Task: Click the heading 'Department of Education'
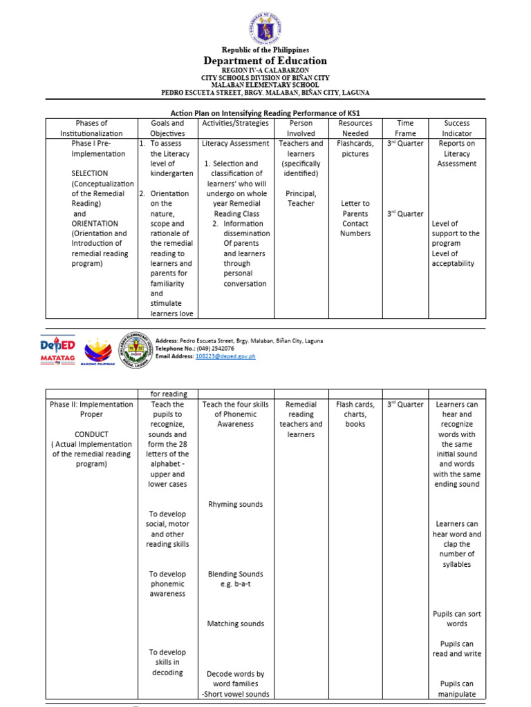click(265, 61)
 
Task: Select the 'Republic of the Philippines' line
click(265, 50)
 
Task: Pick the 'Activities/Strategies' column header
click(235, 123)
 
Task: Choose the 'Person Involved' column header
click(301, 128)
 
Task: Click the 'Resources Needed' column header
click(355, 128)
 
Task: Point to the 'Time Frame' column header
click(405, 128)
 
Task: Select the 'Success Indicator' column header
click(457, 128)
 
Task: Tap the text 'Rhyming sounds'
click(236, 504)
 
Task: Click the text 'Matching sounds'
click(236, 623)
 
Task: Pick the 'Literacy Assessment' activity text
click(236, 144)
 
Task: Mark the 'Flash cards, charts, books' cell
click(355, 414)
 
